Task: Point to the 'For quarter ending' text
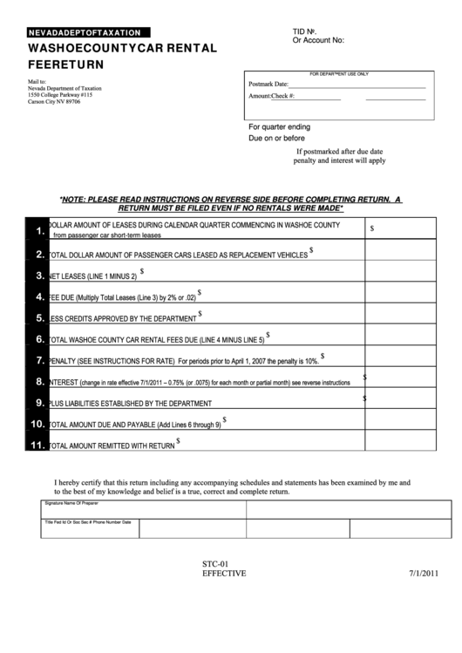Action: click(x=279, y=126)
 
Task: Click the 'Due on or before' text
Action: click(x=276, y=138)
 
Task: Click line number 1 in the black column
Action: click(x=39, y=230)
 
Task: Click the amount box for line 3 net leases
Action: click(x=399, y=276)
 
